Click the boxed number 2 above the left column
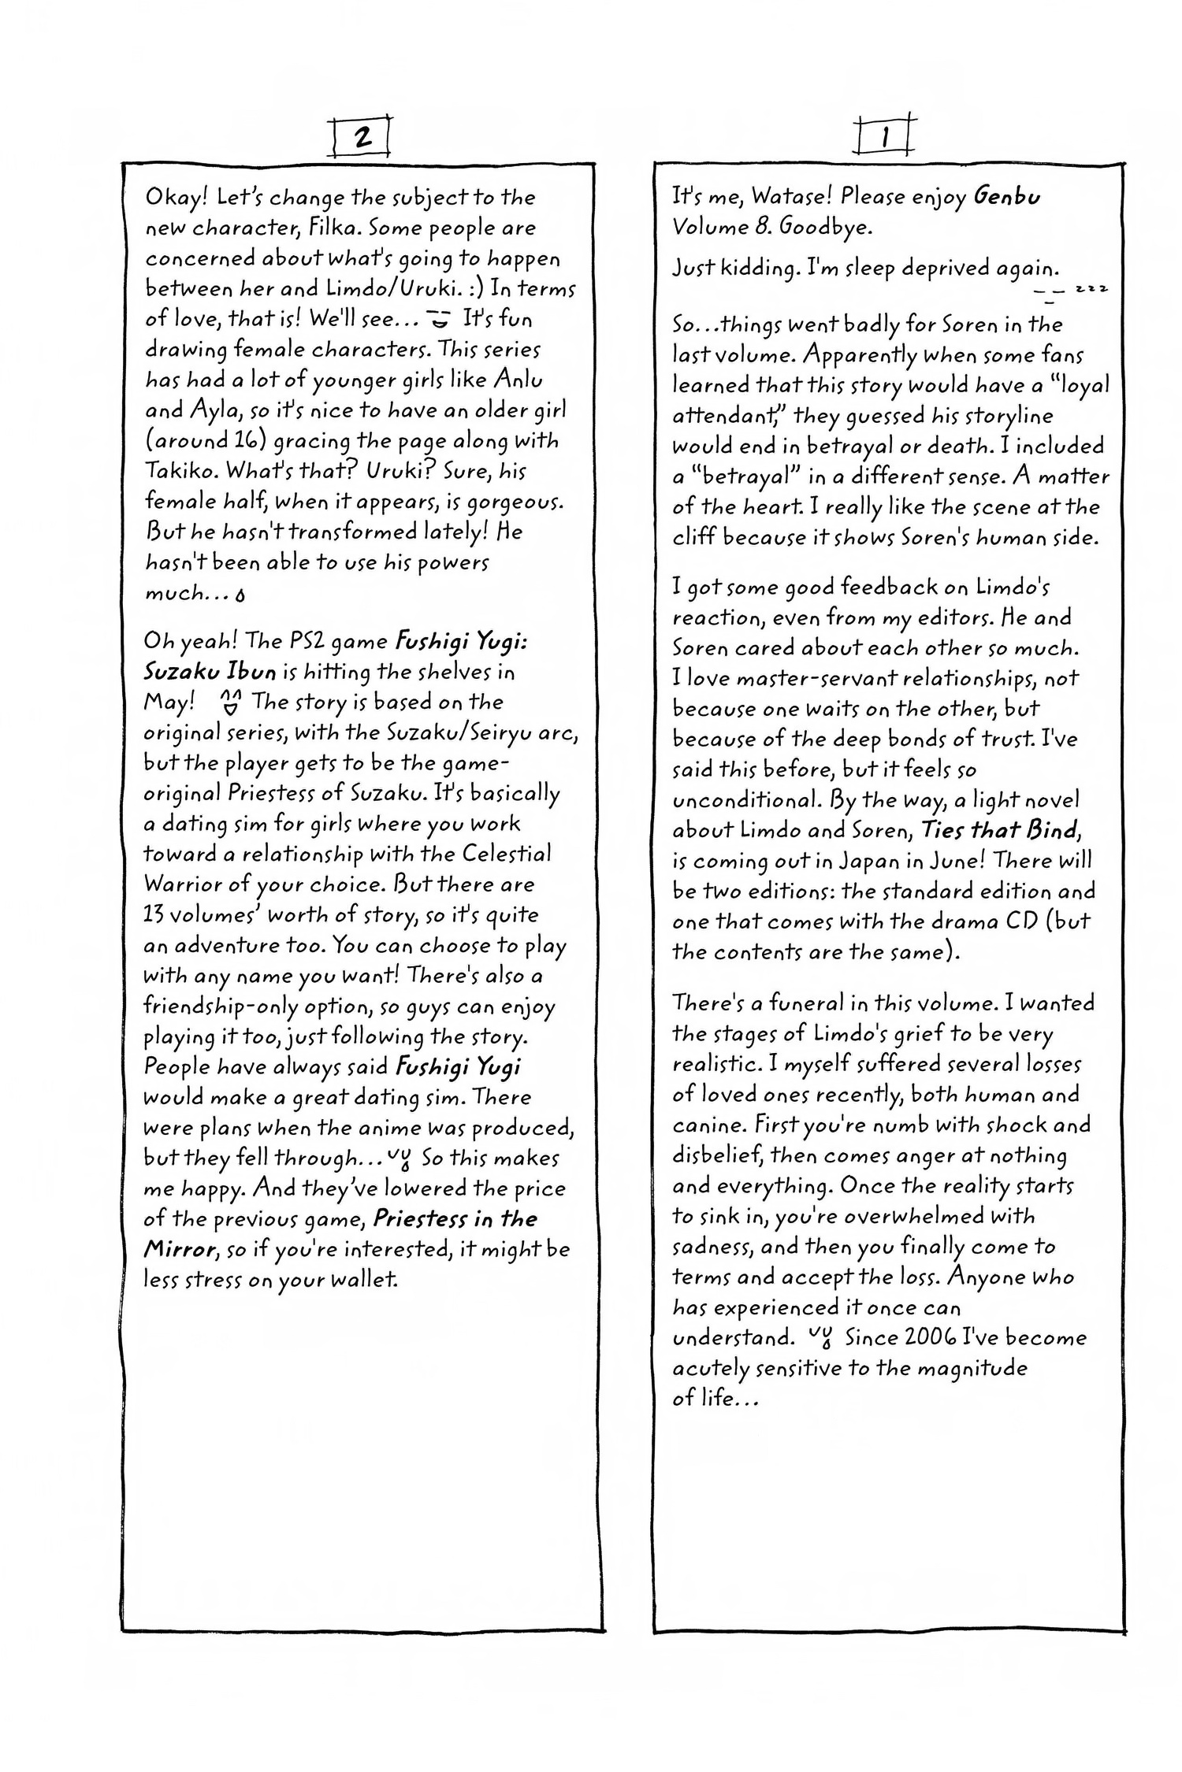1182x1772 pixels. click(x=362, y=137)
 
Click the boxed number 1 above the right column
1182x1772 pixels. click(x=885, y=138)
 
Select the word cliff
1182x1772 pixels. click(x=694, y=538)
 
